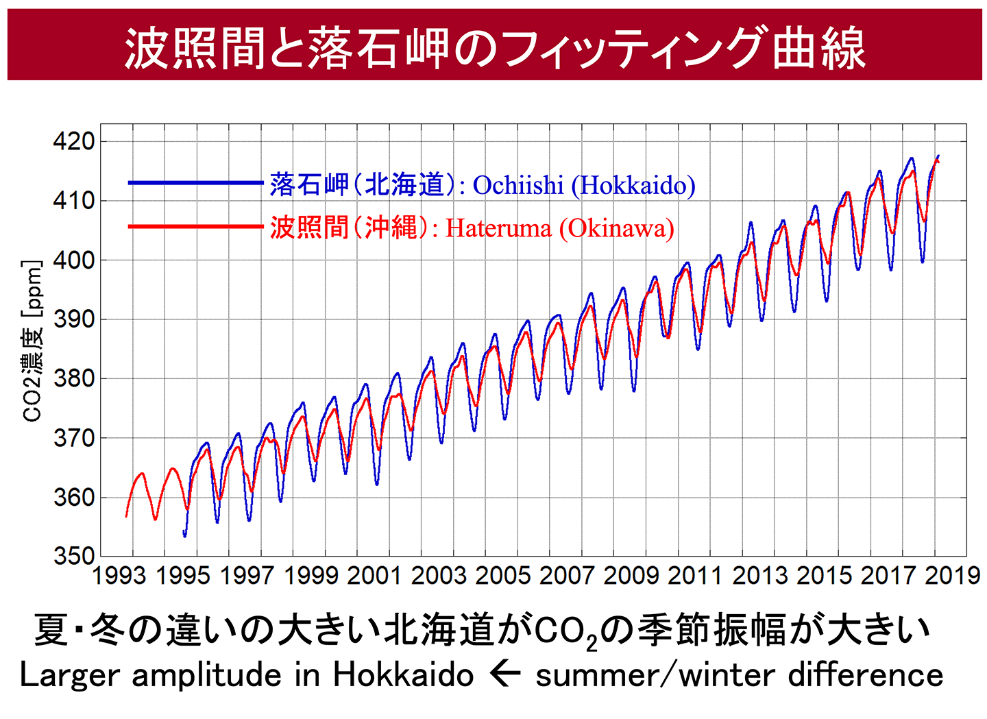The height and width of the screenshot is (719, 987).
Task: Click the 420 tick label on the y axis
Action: pyautogui.click(x=74, y=142)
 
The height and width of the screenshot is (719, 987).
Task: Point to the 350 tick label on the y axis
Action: pyautogui.click(x=74, y=556)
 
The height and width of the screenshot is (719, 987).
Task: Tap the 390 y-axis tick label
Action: pyautogui.click(x=74, y=319)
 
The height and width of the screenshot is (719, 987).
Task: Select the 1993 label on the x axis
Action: pyautogui.click(x=119, y=575)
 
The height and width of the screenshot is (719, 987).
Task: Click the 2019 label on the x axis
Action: pyautogui.click(x=953, y=575)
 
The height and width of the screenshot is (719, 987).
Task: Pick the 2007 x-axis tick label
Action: pyautogui.click(x=567, y=575)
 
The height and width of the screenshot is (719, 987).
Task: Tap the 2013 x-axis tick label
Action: pyautogui.click(x=759, y=575)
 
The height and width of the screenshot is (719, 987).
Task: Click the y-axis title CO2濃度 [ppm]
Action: pyautogui.click(x=33, y=341)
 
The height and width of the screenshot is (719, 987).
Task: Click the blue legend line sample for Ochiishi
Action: pyautogui.click(x=195, y=183)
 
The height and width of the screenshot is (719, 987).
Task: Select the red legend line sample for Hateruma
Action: pyautogui.click(x=195, y=226)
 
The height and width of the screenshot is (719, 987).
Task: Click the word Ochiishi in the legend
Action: pyautogui.click(x=518, y=185)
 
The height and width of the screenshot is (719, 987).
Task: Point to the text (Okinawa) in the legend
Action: pyautogui.click(x=616, y=228)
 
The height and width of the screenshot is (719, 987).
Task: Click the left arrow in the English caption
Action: pyautogui.click(x=505, y=674)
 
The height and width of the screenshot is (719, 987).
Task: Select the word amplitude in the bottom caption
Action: pyautogui.click(x=208, y=676)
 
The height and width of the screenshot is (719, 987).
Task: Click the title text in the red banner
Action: pyautogui.click(x=494, y=49)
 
